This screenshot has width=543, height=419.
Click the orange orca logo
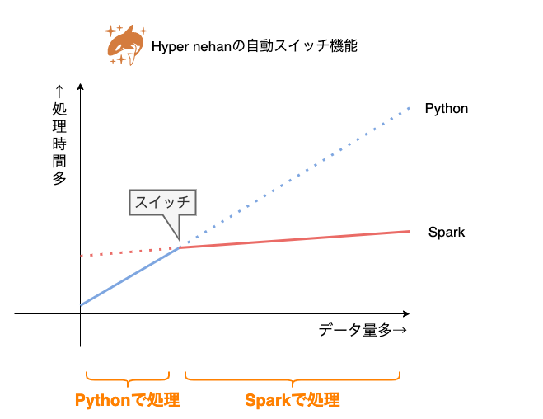(125, 45)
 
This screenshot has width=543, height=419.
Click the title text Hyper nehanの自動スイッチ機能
(255, 47)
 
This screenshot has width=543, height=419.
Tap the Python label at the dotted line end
(446, 108)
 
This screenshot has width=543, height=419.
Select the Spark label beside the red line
(447, 232)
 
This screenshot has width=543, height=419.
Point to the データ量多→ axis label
(363, 331)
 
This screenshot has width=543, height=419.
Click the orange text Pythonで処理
(127, 400)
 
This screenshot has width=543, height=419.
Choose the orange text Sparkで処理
(293, 400)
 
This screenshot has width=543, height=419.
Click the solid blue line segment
(130, 276)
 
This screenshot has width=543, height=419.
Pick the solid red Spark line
(297, 239)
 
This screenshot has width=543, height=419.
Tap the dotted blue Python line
(297, 177)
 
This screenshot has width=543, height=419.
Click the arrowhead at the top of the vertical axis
(80, 86)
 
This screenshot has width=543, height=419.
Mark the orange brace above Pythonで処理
(127, 378)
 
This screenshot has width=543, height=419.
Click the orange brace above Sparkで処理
(293, 378)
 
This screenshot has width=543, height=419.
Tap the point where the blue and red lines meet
(180, 247)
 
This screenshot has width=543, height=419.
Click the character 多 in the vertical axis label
(59, 177)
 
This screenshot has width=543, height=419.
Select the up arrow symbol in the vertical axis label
(59, 91)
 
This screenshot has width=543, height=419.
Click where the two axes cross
(80, 314)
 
